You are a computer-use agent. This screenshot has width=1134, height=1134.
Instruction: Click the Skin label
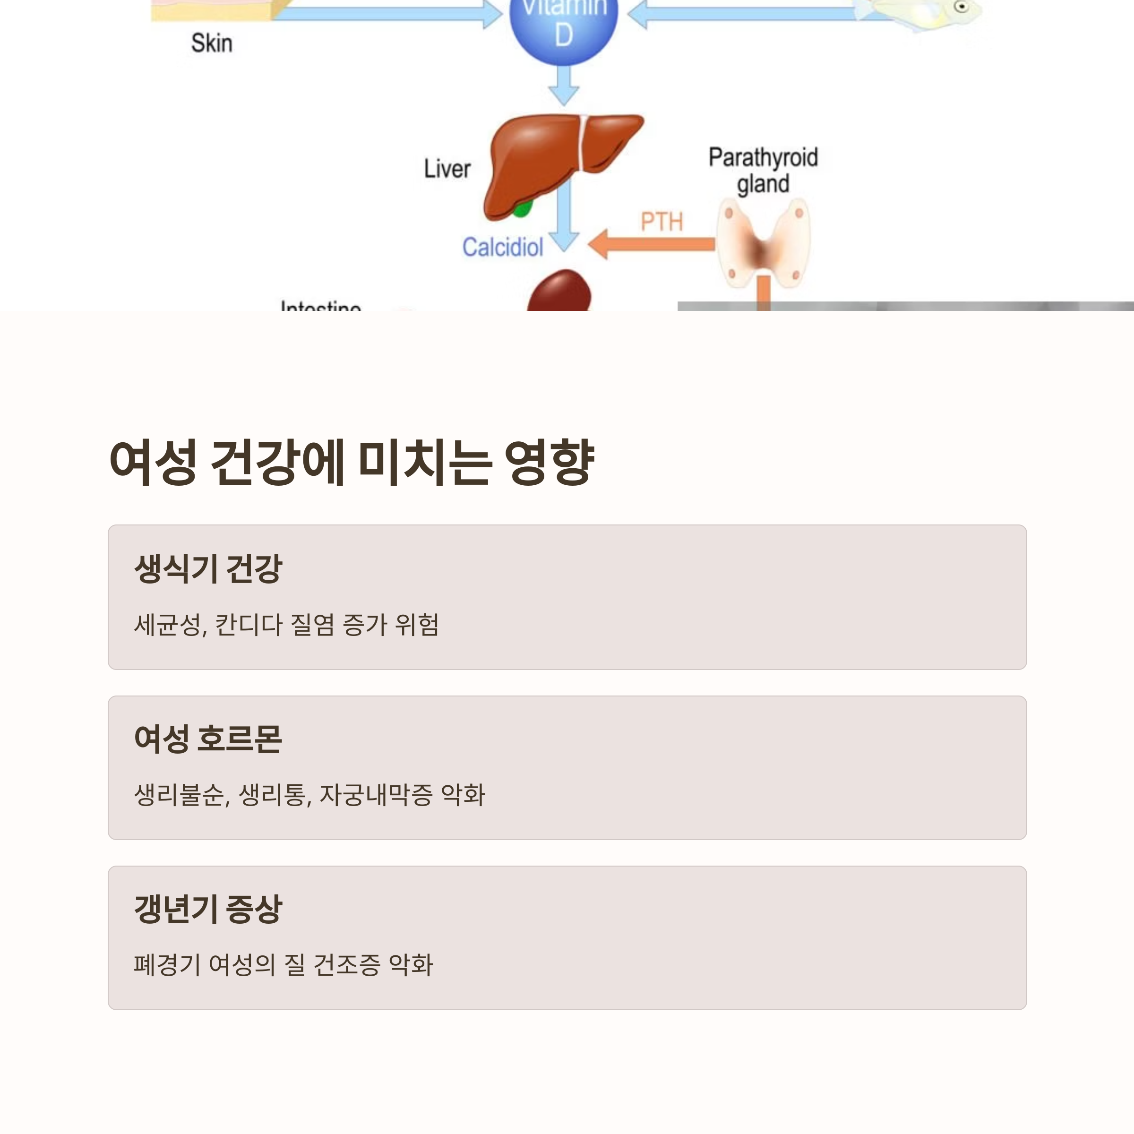[x=212, y=43]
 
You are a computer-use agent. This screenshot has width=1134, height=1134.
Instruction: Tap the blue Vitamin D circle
[x=564, y=24]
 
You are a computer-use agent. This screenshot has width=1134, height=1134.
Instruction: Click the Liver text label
[x=447, y=169]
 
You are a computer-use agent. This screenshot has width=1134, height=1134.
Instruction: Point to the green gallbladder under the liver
[x=522, y=208]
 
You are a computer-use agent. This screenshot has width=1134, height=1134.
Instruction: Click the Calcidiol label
[x=502, y=247]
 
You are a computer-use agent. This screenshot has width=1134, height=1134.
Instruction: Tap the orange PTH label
[x=661, y=222]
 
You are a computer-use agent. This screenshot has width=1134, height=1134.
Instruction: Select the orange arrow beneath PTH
[x=652, y=244]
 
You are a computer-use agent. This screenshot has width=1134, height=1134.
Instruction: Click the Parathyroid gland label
[x=763, y=170]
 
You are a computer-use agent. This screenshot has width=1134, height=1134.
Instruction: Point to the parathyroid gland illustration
[x=763, y=244]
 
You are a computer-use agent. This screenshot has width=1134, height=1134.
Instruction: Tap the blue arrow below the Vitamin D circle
[x=564, y=85]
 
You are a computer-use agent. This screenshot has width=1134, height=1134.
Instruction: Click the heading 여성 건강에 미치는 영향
[x=352, y=463]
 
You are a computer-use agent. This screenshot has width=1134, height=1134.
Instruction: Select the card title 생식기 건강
[x=208, y=568]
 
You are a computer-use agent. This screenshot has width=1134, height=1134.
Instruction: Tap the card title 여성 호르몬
[x=208, y=739]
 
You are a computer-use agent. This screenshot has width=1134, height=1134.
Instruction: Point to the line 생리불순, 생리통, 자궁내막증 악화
[x=309, y=795]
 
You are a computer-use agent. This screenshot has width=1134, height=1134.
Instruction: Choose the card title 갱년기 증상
[x=208, y=909]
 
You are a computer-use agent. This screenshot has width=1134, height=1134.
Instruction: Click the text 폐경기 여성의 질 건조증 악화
[x=283, y=965]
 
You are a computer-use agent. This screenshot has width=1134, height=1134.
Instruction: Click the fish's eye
[x=962, y=7]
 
